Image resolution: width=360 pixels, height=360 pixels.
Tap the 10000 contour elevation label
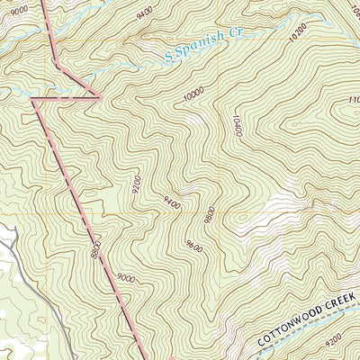point(193,93)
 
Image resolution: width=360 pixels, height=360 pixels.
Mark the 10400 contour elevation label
point(237,123)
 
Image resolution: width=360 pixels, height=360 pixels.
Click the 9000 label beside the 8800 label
point(125,278)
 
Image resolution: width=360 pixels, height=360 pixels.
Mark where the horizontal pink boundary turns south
point(33,98)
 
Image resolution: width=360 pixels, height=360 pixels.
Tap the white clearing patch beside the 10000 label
point(193,118)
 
